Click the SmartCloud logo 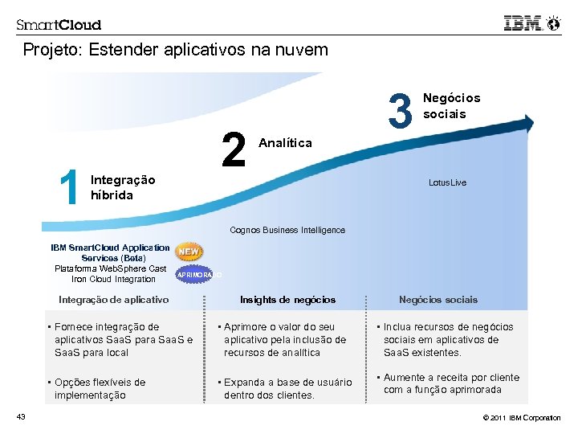point(59,25)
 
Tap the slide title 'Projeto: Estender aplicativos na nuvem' point(175,50)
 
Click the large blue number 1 point(69,187)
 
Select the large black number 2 point(234,150)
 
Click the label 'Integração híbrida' point(123,187)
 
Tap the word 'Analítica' point(286,142)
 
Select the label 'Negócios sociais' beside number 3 point(451,105)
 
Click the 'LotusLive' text point(447,182)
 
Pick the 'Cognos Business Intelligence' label point(287,230)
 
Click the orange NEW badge point(189,252)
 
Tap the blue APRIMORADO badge point(197,275)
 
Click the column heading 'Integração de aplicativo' point(114,300)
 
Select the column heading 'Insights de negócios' point(287,300)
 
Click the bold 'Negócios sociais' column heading point(438,300)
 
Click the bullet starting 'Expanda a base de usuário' point(287,389)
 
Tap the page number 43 point(21,416)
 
